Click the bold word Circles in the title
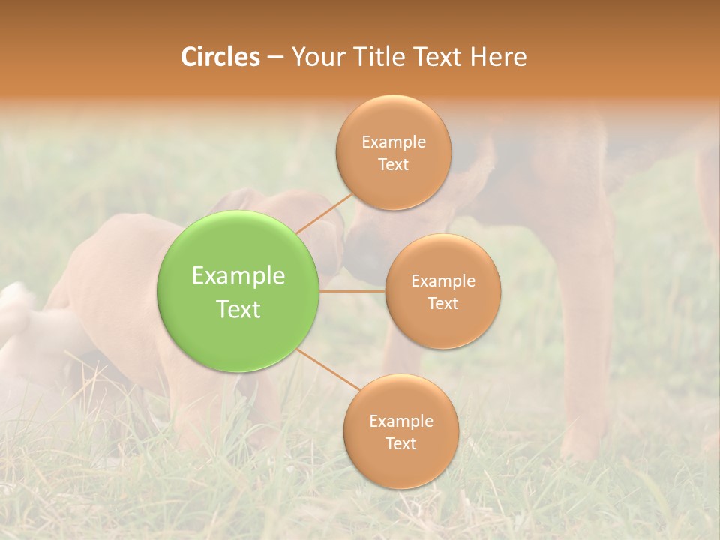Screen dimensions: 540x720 coord(220,57)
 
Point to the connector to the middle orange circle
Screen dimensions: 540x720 coord(352,289)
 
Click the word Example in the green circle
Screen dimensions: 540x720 coord(238,275)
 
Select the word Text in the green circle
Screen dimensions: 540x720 coord(238,308)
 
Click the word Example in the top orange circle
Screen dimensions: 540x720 coord(394,142)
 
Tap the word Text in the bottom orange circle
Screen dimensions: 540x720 coord(400,443)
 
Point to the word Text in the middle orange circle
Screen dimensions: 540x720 coord(443,303)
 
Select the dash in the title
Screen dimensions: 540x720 coord(275,57)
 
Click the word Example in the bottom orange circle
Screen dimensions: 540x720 coord(400,421)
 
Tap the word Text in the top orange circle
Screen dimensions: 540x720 coord(394,164)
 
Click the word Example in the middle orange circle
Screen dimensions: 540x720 coord(443,280)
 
